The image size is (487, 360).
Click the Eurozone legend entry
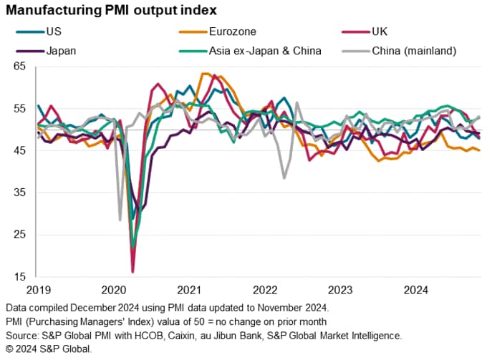coord(230,31)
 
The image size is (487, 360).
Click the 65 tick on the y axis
coord(19,66)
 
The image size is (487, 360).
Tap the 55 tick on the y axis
coord(19,108)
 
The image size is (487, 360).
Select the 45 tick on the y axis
coord(19,150)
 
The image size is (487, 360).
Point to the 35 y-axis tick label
coord(19,193)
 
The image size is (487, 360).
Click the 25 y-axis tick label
coord(19,235)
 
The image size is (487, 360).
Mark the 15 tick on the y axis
coord(19,277)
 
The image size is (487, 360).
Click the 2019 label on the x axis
coord(37,289)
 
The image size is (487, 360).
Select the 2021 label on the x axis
coord(190,289)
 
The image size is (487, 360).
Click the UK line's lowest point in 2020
coord(132,272)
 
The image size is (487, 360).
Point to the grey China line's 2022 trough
coord(285,177)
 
